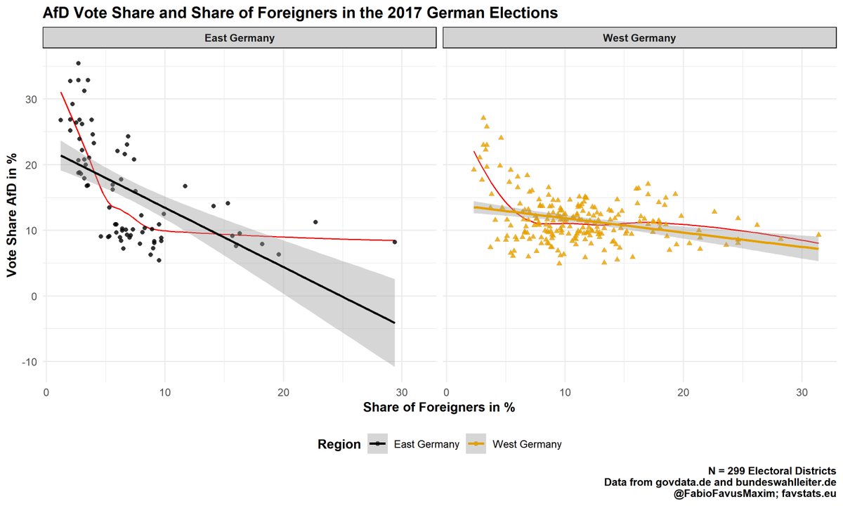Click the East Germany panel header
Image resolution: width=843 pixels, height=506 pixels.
pyautogui.click(x=240, y=38)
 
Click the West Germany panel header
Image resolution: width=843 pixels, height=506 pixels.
pyautogui.click(x=639, y=38)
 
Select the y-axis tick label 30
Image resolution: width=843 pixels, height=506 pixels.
pyautogui.click(x=30, y=100)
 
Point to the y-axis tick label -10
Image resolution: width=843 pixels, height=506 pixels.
pyautogui.click(x=28, y=362)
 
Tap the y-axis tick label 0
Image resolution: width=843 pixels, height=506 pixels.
pyautogui.click(x=33, y=297)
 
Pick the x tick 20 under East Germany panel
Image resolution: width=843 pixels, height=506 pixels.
pyautogui.click(x=283, y=394)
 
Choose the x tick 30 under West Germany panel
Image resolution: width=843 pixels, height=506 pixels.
pyautogui.click(x=802, y=394)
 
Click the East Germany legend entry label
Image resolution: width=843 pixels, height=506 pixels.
pyautogui.click(x=426, y=444)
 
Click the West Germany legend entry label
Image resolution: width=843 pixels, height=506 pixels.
pyautogui.click(x=527, y=444)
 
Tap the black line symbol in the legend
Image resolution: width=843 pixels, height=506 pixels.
pyautogui.click(x=379, y=444)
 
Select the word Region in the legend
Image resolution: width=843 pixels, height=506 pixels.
pyautogui.click(x=339, y=444)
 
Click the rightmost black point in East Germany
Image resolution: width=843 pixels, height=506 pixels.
pyautogui.click(x=395, y=242)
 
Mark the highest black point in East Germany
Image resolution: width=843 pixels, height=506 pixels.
pyautogui.click(x=78, y=63)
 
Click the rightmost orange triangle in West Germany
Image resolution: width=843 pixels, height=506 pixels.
pyautogui.click(x=818, y=235)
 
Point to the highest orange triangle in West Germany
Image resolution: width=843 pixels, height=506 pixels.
pyautogui.click(x=483, y=117)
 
